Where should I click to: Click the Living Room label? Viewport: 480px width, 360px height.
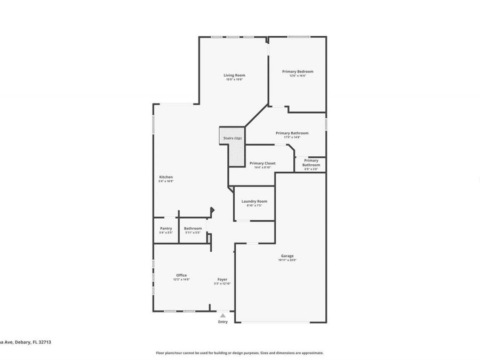[234, 75]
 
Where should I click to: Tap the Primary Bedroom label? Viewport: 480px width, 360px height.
[298, 71]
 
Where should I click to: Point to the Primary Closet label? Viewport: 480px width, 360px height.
[262, 163]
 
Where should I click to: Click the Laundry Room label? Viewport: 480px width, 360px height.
[254, 201]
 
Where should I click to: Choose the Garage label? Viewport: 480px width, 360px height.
[287, 256]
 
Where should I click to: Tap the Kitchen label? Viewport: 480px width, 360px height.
[166, 177]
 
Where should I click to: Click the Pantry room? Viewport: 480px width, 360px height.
[166, 230]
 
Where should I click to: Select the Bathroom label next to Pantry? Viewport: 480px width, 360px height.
[193, 228]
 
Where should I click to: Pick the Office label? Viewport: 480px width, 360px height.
[181, 275]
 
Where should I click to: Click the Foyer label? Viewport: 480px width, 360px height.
[222, 279]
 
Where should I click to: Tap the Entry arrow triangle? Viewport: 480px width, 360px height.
[223, 315]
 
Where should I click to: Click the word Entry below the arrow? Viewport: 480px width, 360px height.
[223, 322]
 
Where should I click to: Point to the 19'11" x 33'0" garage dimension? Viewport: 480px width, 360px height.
[287, 260]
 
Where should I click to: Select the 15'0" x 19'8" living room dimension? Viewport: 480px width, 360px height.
[234, 79]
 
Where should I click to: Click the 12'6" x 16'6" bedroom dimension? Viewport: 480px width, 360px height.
[298, 76]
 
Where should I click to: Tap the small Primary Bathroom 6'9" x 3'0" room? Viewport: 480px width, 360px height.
[311, 164]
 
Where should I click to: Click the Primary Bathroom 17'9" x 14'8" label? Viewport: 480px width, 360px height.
[292, 133]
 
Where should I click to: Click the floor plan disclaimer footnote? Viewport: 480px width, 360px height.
[239, 353]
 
